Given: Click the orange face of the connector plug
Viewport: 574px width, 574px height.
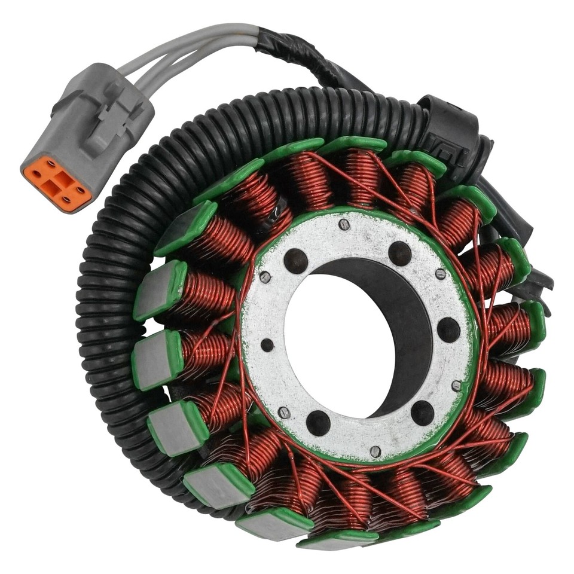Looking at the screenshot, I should coord(57,183).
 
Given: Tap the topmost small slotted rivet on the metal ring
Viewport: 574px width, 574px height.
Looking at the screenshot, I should coord(343,224).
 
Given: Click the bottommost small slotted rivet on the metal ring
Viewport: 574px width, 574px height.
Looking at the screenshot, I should coord(375,451).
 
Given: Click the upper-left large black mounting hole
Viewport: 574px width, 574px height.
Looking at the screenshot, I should coord(295,261).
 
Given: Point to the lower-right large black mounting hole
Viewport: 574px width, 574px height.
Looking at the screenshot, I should coord(422,413).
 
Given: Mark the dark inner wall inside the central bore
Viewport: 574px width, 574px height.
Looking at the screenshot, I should coord(413,335).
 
